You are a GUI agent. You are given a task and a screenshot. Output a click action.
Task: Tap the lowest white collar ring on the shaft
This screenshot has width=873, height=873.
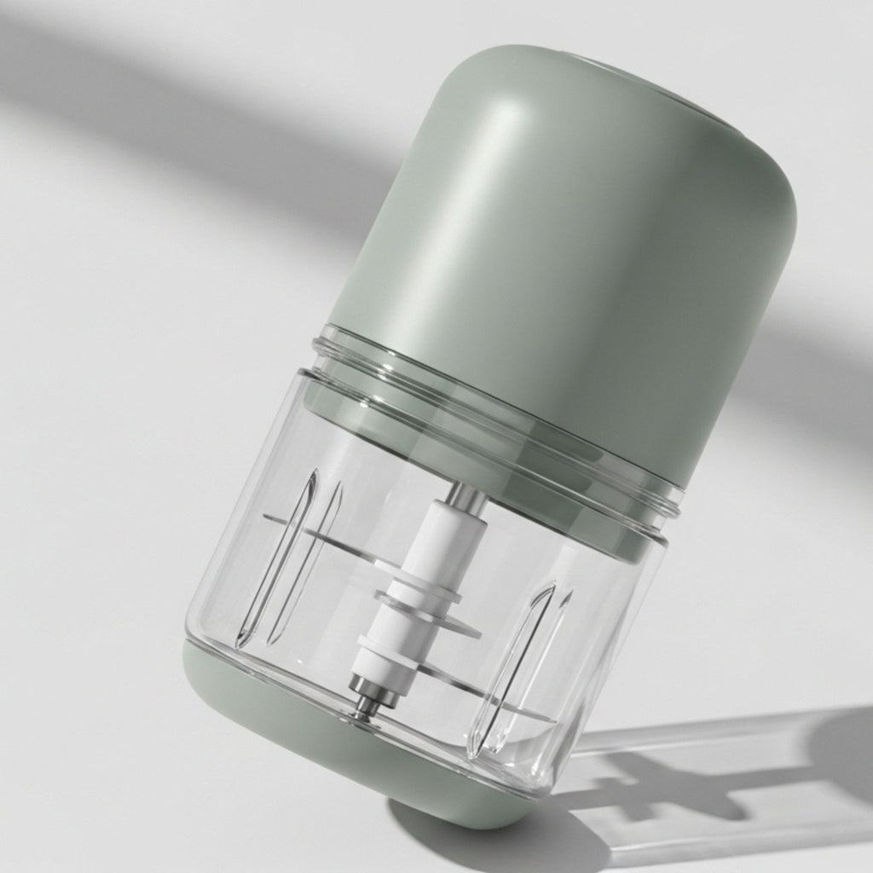tap(380, 656)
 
